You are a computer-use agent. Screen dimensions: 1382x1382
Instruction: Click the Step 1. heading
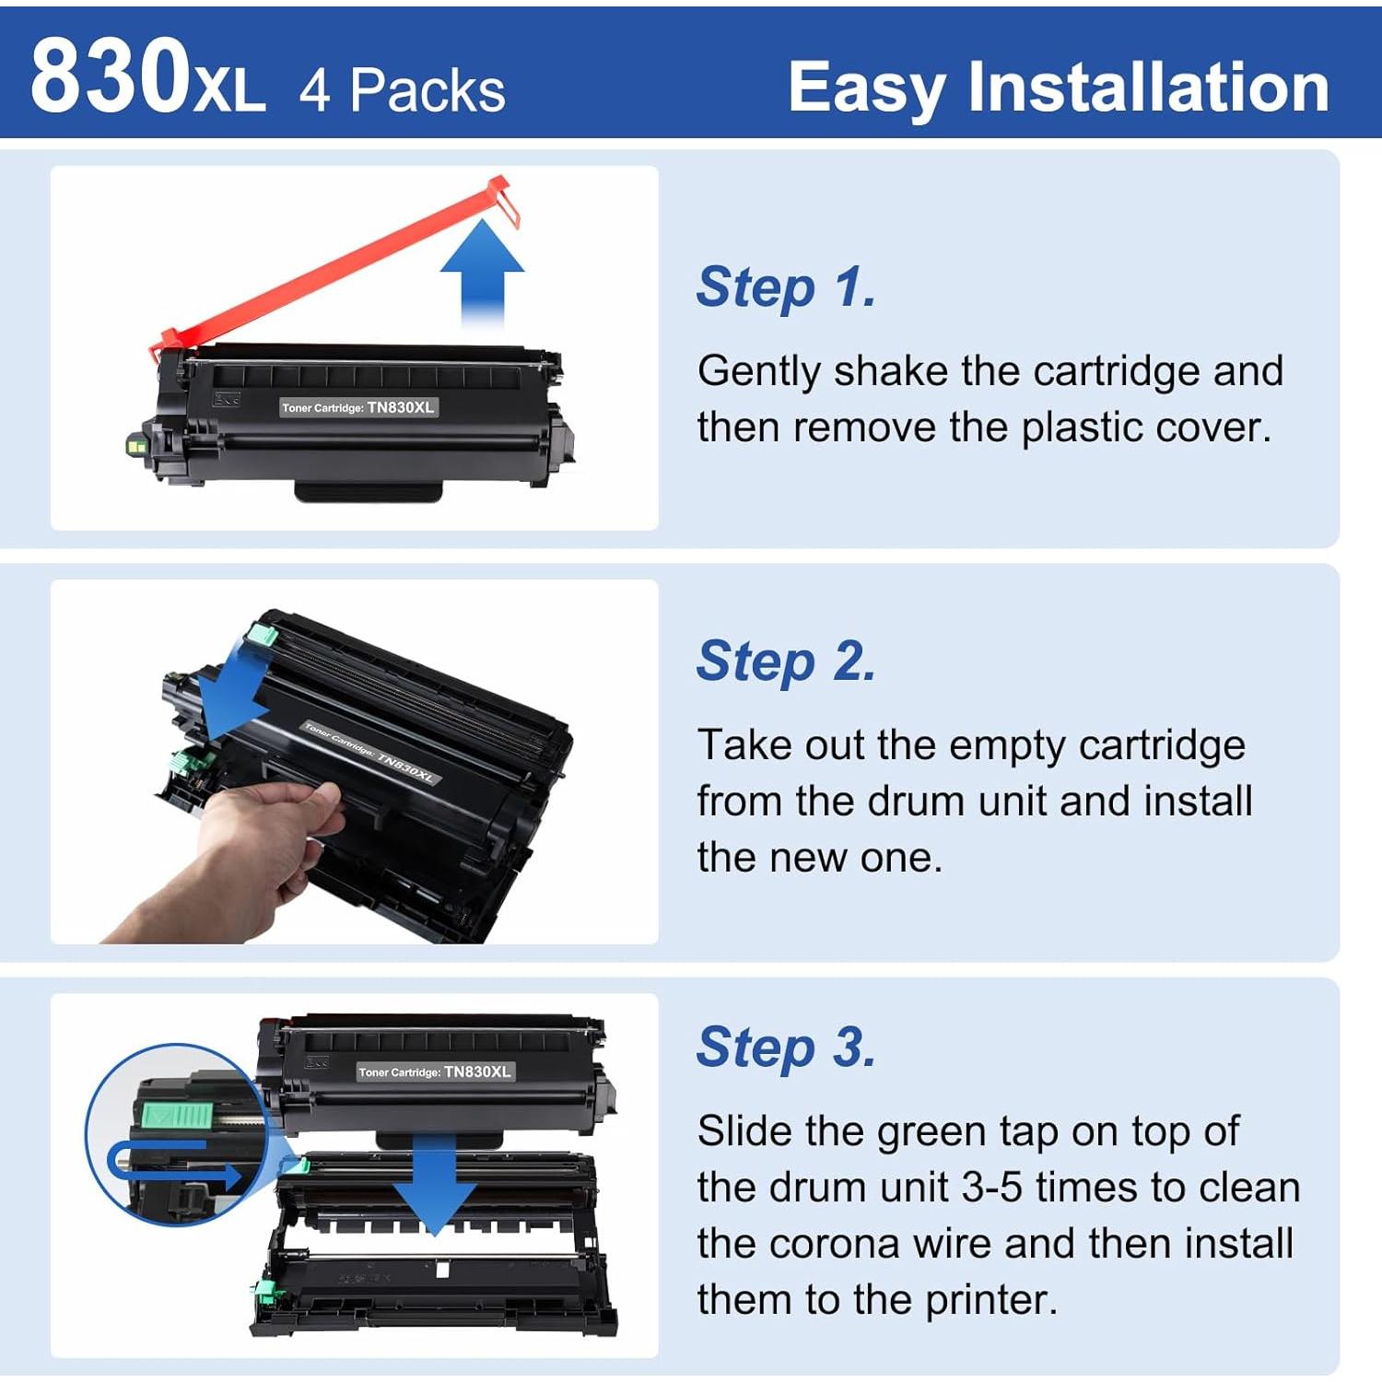[x=786, y=287]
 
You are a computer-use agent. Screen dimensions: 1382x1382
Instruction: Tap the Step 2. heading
[x=786, y=662]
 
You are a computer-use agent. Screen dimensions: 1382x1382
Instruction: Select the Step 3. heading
[x=786, y=1048]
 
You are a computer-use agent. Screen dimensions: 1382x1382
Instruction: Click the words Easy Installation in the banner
[x=1058, y=87]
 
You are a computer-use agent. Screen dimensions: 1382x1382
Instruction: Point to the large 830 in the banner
[x=110, y=77]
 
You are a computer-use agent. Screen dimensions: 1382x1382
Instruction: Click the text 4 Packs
[x=403, y=90]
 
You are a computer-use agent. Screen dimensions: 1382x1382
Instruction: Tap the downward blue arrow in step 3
[x=434, y=1189]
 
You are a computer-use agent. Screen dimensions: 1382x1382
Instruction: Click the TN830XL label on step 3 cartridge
[x=434, y=1072]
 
